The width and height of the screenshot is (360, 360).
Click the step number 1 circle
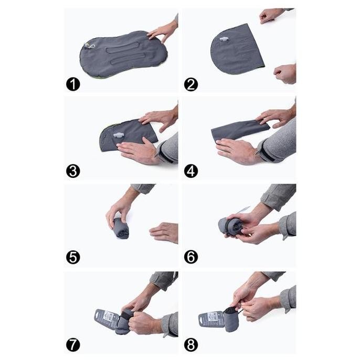[x=73, y=84]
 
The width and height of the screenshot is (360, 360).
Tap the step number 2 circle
[x=191, y=84]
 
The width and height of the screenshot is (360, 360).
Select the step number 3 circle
[x=73, y=171]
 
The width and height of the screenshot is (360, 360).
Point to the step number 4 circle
[x=191, y=171]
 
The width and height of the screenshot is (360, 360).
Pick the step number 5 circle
[x=73, y=257]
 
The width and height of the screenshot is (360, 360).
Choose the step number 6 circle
[x=191, y=257]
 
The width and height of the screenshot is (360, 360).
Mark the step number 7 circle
[x=73, y=345]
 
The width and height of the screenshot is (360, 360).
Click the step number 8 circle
[x=191, y=345]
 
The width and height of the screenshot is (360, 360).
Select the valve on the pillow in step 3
[x=119, y=135]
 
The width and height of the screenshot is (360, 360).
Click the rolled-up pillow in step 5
[x=121, y=228]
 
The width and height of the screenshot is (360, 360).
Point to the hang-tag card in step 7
[x=107, y=318]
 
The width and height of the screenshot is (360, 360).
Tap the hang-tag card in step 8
[x=211, y=318]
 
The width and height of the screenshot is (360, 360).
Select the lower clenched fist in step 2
[x=284, y=73]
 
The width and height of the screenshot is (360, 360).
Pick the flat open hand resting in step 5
[x=164, y=232]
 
